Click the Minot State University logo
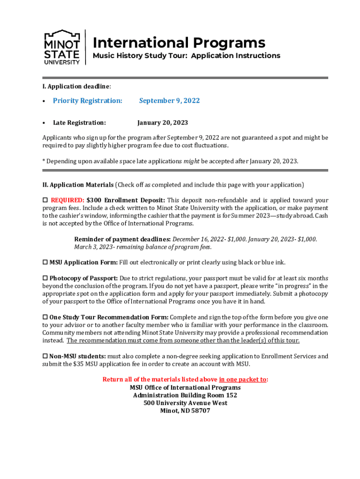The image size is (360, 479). pyautogui.click(x=62, y=47)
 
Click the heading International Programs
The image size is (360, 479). pyautogui.click(x=179, y=43)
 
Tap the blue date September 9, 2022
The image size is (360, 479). pyautogui.click(x=169, y=101)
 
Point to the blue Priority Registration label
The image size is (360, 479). pyautogui.click(x=87, y=101)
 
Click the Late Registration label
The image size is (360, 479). pyautogui.click(x=79, y=123)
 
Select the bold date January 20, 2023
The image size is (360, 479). pyautogui.click(x=162, y=123)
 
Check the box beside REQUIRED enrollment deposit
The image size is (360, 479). pyautogui.click(x=45, y=200)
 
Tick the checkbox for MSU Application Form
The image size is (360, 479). pyautogui.click(x=45, y=262)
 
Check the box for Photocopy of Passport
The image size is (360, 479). pyautogui.click(x=45, y=278)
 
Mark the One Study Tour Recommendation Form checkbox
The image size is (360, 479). pyautogui.click(x=45, y=317)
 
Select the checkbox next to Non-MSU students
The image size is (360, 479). pyautogui.click(x=45, y=356)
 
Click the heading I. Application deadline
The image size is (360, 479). pyautogui.click(x=77, y=87)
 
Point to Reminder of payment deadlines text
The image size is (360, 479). pyautogui.click(x=122, y=239)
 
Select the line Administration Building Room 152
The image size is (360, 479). pyautogui.click(x=185, y=395)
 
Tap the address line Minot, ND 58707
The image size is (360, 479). pyautogui.click(x=185, y=411)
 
